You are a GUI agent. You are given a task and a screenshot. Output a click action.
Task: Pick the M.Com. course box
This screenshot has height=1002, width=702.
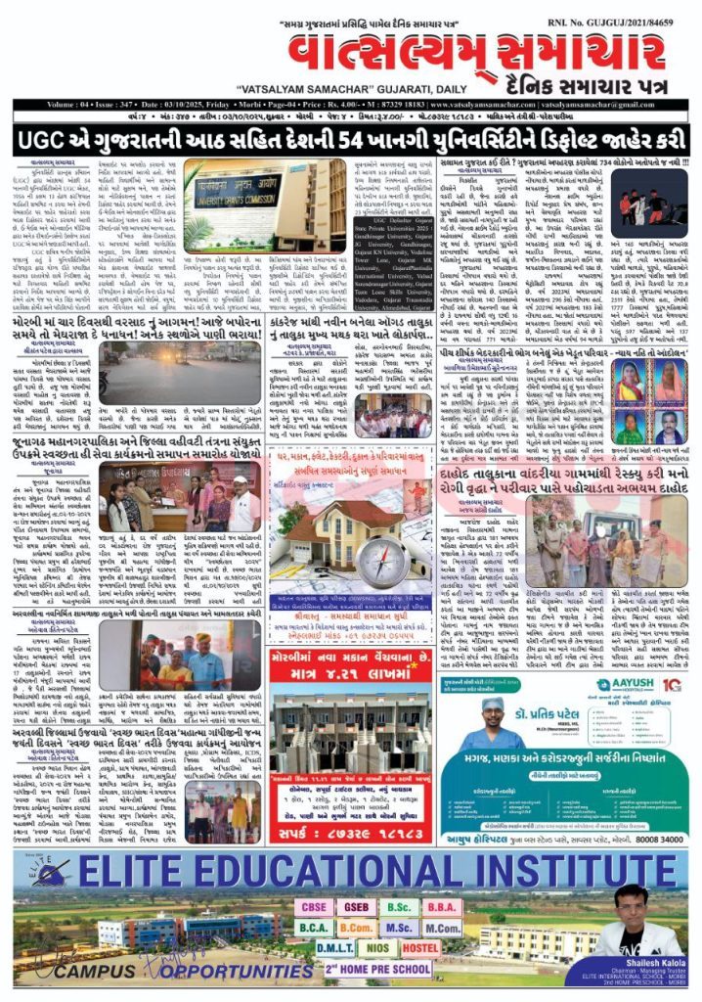tap(442, 928)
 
